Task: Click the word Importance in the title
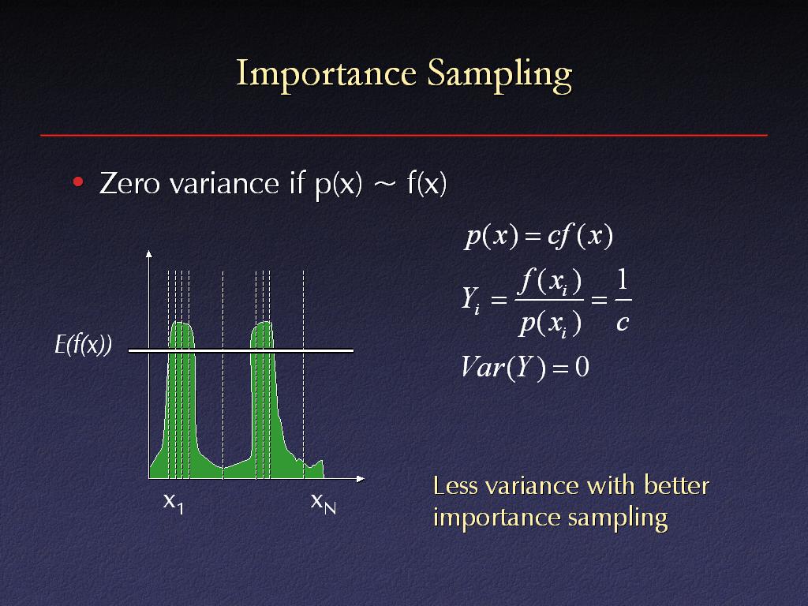tap(326, 73)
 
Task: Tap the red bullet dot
tap(78, 182)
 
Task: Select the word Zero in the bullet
tap(129, 183)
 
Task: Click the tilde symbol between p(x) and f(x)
tap(385, 185)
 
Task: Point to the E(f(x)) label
tap(84, 344)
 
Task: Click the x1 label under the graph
tap(174, 503)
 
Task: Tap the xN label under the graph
tap(323, 503)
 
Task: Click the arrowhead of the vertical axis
tap(149, 253)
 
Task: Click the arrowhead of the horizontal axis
tap(361, 479)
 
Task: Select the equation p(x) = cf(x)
tap(538, 237)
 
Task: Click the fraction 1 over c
tap(623, 301)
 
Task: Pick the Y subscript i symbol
tap(471, 300)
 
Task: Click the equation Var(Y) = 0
tap(525, 368)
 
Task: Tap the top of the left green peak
tap(181, 323)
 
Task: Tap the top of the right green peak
tap(263, 323)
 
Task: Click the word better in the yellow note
tap(676, 485)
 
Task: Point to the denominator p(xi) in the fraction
tap(550, 324)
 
